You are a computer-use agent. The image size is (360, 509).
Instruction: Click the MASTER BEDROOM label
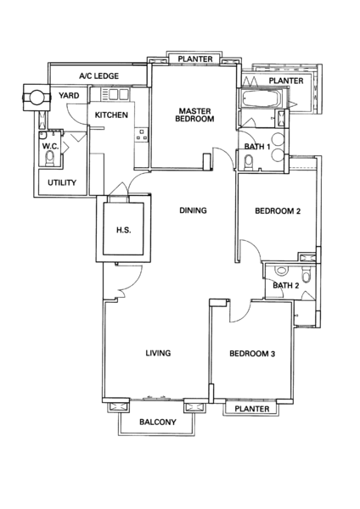click(194, 115)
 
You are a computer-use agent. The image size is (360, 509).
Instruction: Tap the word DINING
click(193, 210)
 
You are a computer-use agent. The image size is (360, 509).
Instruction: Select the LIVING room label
click(158, 353)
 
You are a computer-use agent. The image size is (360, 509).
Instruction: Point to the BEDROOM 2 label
click(278, 211)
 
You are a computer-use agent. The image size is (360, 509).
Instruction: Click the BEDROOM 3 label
click(252, 354)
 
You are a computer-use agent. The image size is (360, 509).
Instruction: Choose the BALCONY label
click(158, 422)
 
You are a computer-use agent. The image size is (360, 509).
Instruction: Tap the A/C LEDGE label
click(98, 76)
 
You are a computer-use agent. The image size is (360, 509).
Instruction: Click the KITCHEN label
click(111, 115)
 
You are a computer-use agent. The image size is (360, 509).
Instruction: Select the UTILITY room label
click(62, 182)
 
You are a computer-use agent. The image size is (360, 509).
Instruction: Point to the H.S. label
click(123, 230)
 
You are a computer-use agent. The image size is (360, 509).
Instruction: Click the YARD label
click(69, 95)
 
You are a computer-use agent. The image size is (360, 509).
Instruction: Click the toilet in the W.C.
click(50, 159)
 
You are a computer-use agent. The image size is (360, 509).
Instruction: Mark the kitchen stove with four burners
click(142, 134)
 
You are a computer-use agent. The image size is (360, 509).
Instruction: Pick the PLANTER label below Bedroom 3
click(252, 409)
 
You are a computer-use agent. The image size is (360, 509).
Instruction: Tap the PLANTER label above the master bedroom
click(195, 59)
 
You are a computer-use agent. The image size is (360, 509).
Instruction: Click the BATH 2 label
click(285, 286)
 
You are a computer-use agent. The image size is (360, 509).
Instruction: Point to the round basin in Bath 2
click(280, 270)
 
